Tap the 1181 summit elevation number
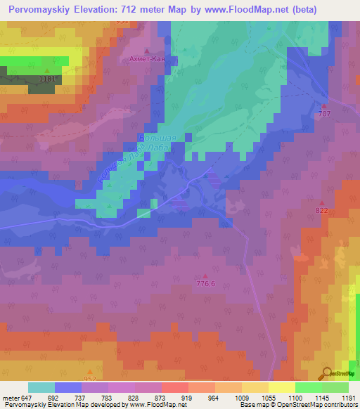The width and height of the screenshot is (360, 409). pos(48,79)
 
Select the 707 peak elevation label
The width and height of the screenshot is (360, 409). pos(324,113)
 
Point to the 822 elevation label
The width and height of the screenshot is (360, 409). pos(322,210)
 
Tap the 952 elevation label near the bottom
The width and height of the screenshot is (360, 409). pos(90,379)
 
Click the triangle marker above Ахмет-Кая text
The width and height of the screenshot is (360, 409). pos(146,51)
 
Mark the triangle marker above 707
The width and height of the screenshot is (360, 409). pos(324,105)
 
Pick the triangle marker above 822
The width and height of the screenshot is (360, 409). pos(322,202)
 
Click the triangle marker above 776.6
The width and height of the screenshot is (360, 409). pos(205,275)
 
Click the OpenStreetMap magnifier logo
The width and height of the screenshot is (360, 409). pos(326,372)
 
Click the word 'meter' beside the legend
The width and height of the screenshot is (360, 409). pos(11,398)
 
